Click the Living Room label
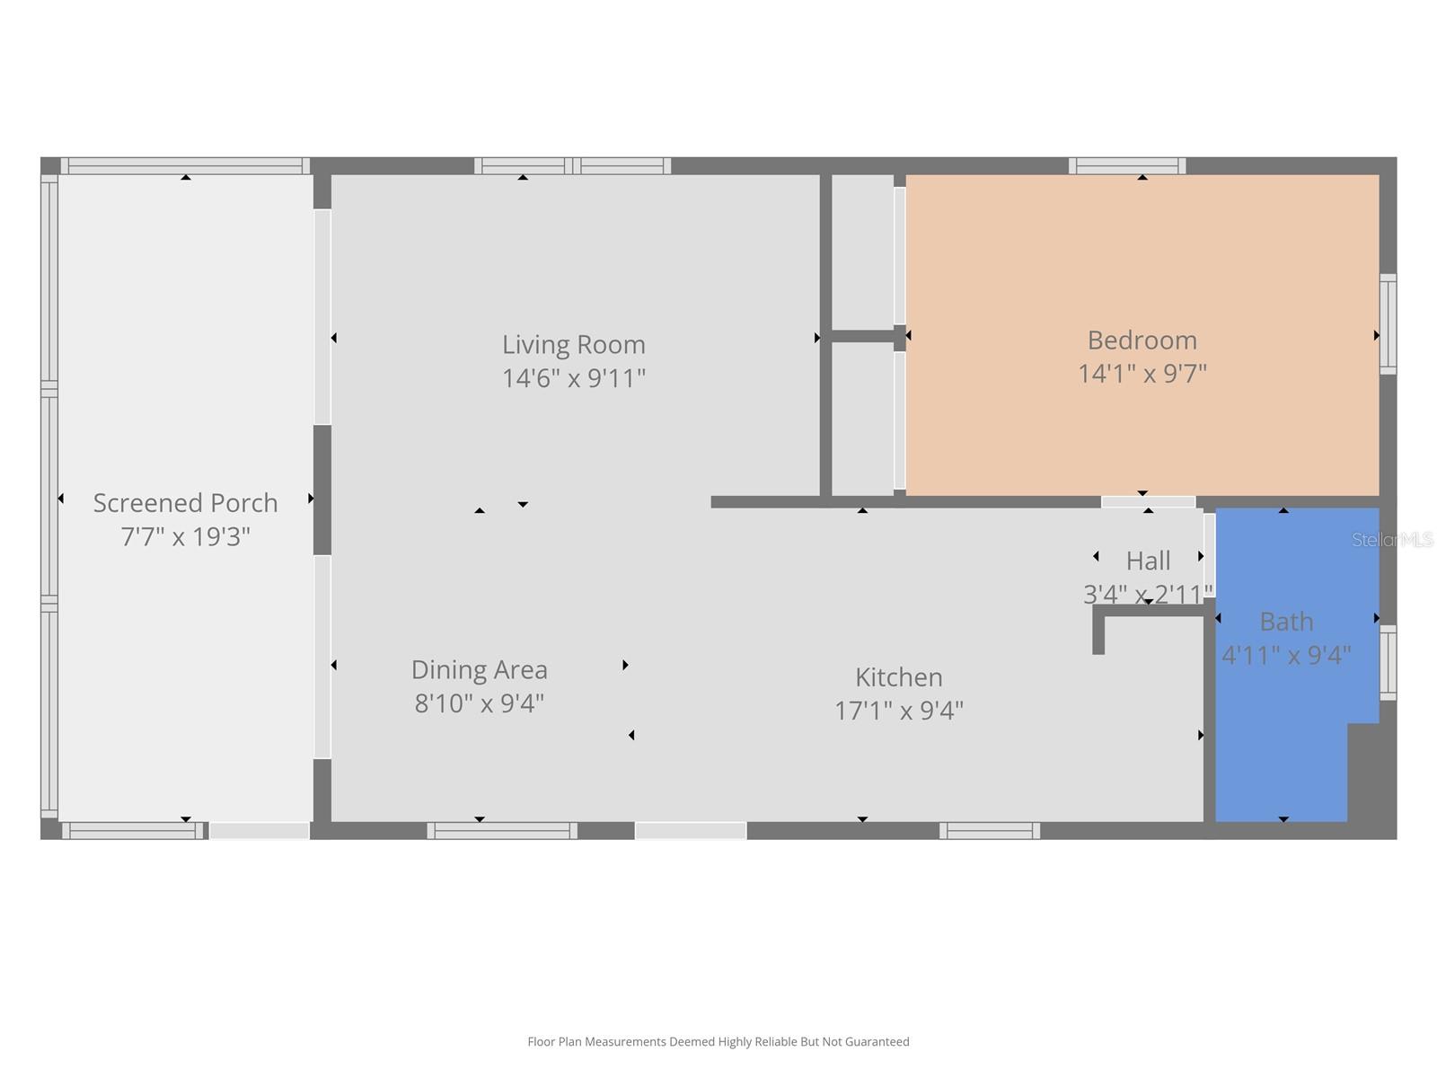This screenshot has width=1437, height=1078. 574,345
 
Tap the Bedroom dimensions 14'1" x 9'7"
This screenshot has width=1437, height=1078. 1142,374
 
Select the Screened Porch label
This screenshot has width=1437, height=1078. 185,503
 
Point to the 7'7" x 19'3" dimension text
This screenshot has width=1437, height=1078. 185,536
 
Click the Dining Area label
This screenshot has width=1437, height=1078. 480,669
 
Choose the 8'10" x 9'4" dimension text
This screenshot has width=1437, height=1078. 480,703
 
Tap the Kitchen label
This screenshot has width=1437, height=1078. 899,676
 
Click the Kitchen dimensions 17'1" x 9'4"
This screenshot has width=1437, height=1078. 899,711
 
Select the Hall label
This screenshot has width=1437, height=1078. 1149,561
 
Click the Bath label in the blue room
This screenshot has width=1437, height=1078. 1286,621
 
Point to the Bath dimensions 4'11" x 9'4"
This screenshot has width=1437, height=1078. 1286,655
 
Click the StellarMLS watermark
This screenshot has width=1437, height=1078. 1392,539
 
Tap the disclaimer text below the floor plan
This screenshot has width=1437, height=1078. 718,1041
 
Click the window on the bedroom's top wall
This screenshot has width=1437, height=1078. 1126,165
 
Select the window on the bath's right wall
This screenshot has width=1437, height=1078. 1388,662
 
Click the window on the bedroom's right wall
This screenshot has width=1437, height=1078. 1388,324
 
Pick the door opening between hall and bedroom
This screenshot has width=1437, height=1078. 1149,502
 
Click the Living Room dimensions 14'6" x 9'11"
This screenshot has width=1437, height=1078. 574,378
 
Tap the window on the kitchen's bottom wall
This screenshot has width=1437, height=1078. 989,831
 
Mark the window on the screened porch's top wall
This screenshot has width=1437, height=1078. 185,165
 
